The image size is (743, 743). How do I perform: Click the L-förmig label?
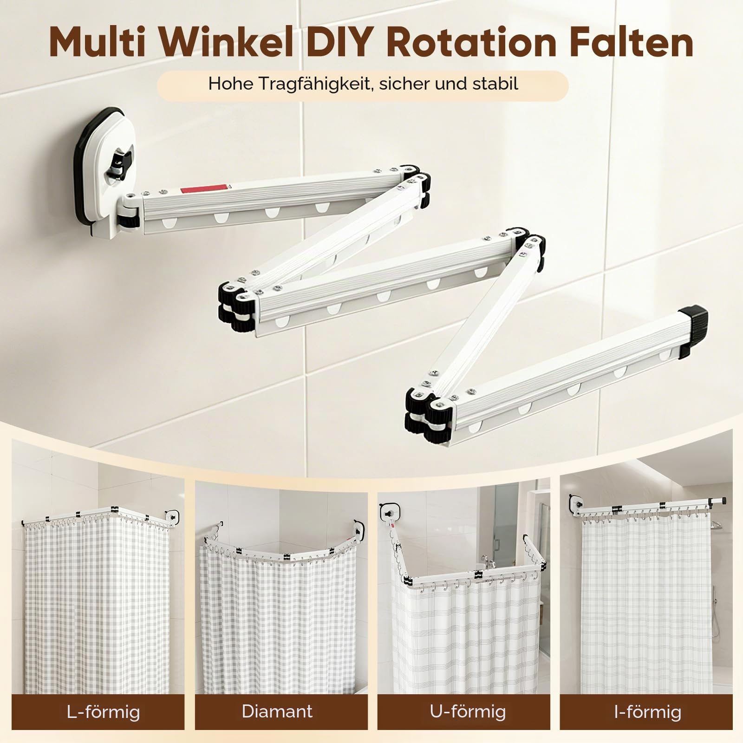click(103, 711)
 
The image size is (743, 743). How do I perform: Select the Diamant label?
click(278, 711)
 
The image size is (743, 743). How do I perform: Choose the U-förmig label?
click(468, 711)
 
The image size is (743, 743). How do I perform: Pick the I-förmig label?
click(648, 711)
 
